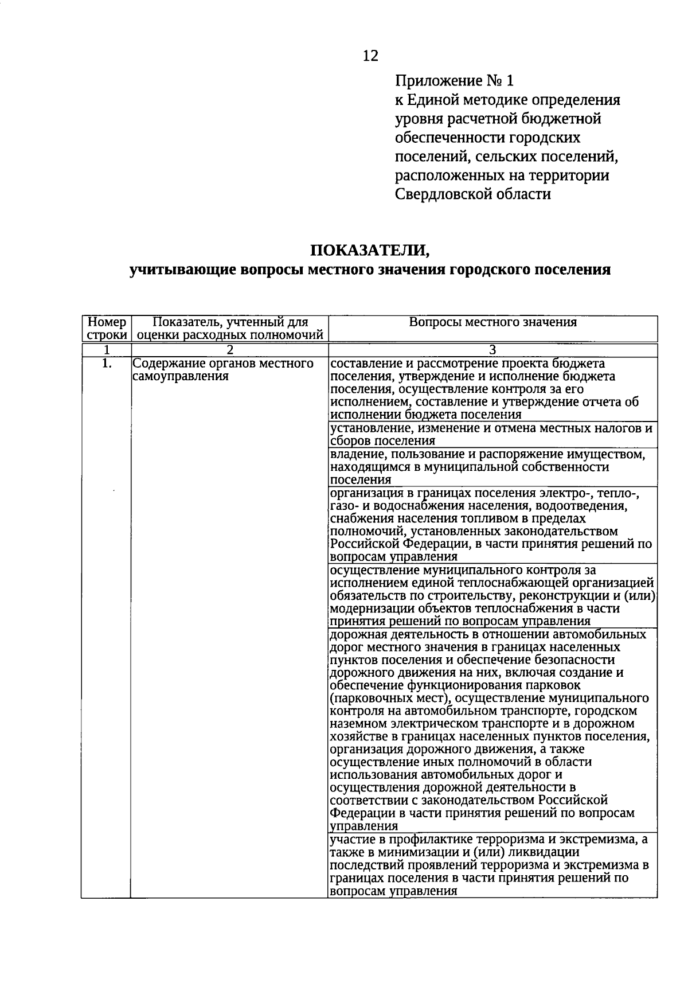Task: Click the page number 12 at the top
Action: [x=370, y=56]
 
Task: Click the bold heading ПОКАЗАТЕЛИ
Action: [x=369, y=251]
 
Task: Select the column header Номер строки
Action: [x=107, y=328]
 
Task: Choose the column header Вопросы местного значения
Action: [x=492, y=322]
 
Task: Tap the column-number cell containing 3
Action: [x=492, y=350]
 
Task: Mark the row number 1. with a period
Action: [x=106, y=363]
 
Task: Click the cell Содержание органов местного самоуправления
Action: [x=223, y=370]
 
